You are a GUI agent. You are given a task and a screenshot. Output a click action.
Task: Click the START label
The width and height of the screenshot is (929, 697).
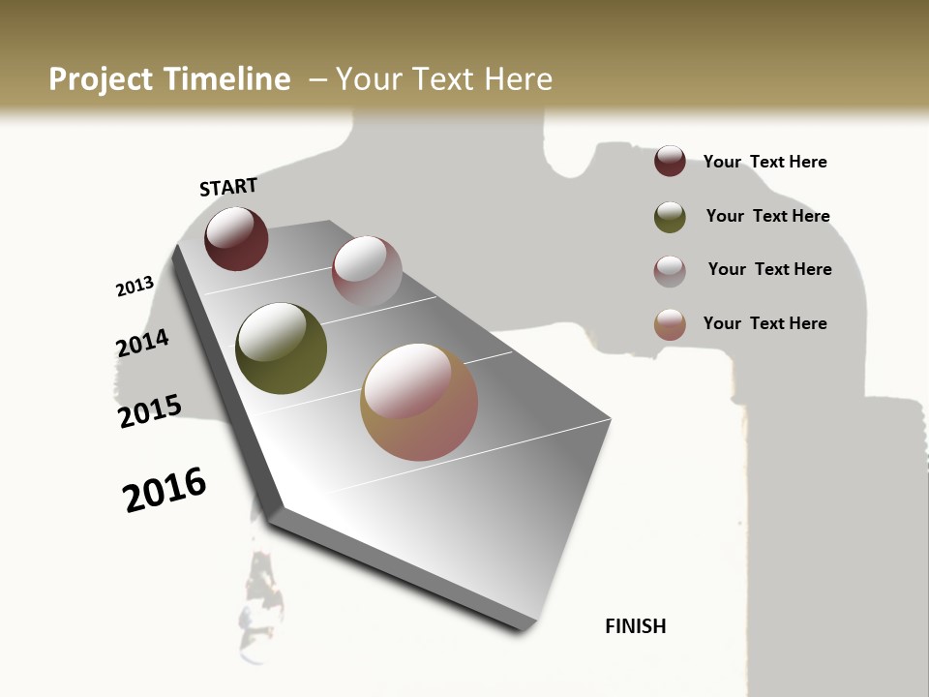coord(228,187)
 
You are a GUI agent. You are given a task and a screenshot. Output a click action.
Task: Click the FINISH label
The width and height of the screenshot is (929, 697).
coord(635,626)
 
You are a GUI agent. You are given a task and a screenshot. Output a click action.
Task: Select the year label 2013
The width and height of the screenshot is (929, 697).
coord(135,287)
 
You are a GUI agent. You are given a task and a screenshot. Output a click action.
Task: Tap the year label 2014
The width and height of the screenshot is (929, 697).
coord(142,344)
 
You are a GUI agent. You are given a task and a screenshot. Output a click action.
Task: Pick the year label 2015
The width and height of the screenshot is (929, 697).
coord(150,411)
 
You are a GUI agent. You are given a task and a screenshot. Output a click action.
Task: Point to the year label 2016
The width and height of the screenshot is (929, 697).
coord(165,490)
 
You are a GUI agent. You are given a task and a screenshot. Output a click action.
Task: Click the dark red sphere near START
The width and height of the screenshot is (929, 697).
coord(236,238)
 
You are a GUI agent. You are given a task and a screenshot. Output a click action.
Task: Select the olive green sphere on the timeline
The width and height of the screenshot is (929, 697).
coord(281,348)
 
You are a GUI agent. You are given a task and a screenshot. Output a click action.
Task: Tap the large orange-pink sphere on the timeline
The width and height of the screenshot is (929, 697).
coord(419,401)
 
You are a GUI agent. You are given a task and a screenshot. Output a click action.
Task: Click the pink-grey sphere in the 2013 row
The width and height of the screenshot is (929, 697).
coord(367,271)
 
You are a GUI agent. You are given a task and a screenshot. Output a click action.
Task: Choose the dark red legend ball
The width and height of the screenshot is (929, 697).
coord(670,161)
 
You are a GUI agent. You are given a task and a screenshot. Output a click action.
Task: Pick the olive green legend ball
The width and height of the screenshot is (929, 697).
coord(670,217)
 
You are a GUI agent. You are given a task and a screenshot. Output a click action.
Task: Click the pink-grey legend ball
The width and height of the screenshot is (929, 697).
coord(670,271)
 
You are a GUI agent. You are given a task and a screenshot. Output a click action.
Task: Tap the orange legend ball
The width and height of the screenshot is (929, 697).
coord(670,324)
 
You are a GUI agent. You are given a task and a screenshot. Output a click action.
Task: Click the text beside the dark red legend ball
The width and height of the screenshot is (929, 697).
coord(764,162)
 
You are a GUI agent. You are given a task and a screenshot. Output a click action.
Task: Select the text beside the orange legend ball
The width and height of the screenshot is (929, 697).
coord(764,323)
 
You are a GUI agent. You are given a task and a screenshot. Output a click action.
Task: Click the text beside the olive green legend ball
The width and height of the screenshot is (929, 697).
coord(767,216)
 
